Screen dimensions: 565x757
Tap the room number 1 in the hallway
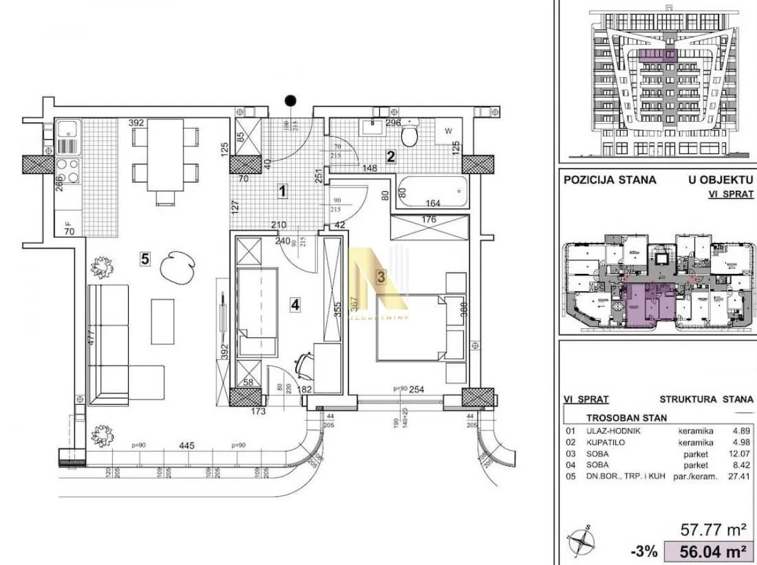tap(283, 189)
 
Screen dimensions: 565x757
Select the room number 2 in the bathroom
tap(390, 157)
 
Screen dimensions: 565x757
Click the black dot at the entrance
tap(290, 100)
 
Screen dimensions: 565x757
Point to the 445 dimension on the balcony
tap(186, 446)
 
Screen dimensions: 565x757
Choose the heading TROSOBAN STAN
tap(626, 418)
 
